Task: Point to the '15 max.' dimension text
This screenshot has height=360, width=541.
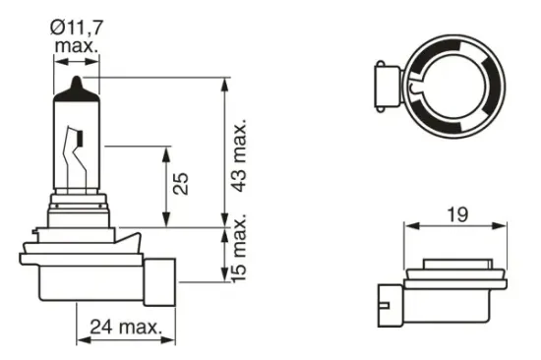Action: click(x=240, y=259)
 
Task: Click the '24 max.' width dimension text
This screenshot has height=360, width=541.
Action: click(x=120, y=327)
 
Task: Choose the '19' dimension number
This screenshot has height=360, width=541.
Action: click(x=456, y=212)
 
